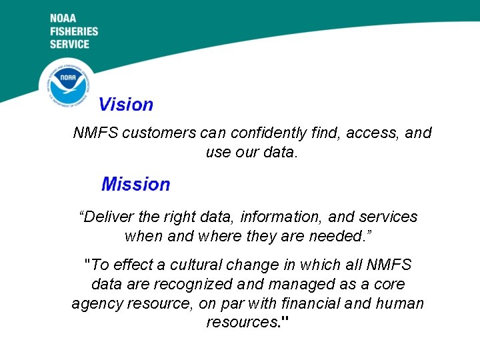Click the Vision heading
[x=126, y=105]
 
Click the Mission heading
[x=135, y=184]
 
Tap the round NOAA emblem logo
[x=67, y=84]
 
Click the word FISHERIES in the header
[x=74, y=31]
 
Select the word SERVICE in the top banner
[x=69, y=44]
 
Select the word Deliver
[x=108, y=217]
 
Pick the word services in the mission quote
[x=388, y=217]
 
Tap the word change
[x=261, y=265]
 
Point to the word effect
[x=129, y=265]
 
